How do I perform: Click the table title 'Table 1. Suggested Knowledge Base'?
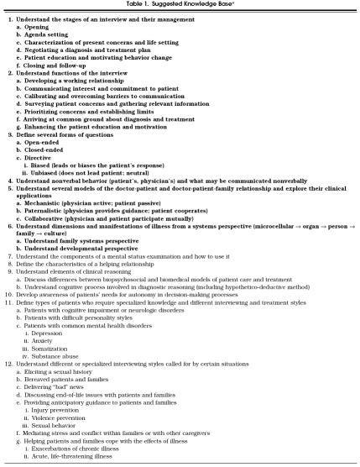(180, 5)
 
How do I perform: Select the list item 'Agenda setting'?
(51, 31)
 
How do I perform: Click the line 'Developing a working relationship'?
(85, 83)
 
